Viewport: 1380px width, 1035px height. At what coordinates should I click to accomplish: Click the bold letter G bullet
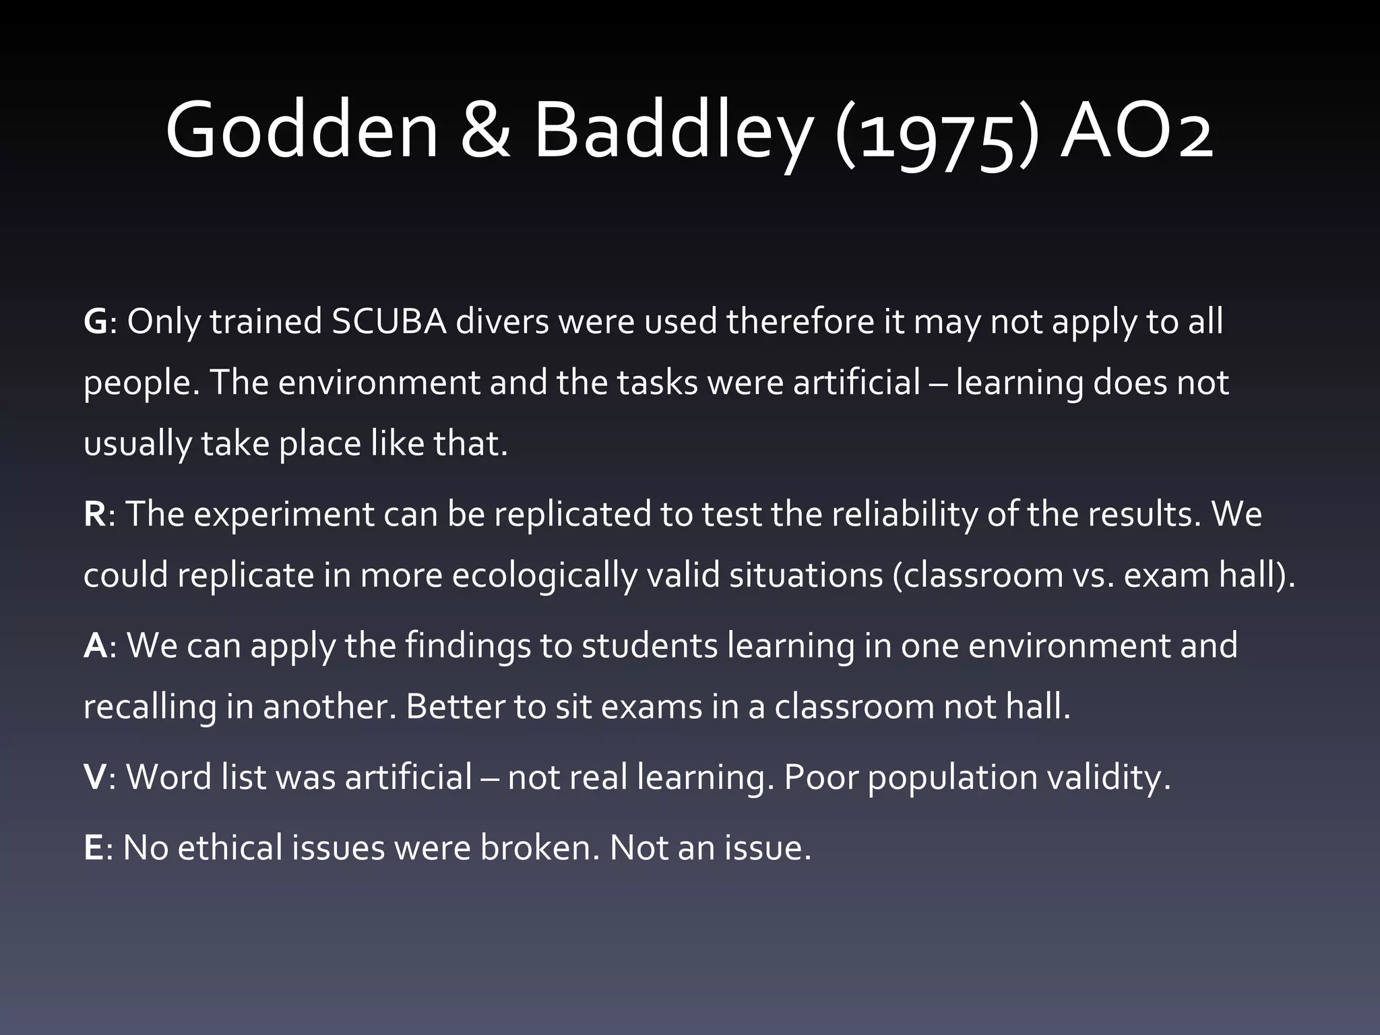pos(95,322)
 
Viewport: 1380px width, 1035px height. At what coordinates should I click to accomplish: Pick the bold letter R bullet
pos(94,514)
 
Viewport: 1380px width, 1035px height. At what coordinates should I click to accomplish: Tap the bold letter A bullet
pos(95,646)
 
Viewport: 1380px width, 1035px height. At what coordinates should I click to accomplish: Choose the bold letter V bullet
pos(95,777)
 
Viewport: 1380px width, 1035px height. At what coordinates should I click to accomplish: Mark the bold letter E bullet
pos(93,848)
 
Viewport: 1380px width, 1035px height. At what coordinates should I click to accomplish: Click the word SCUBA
pos(389,322)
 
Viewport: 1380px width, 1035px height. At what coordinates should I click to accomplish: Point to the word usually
pos(137,445)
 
